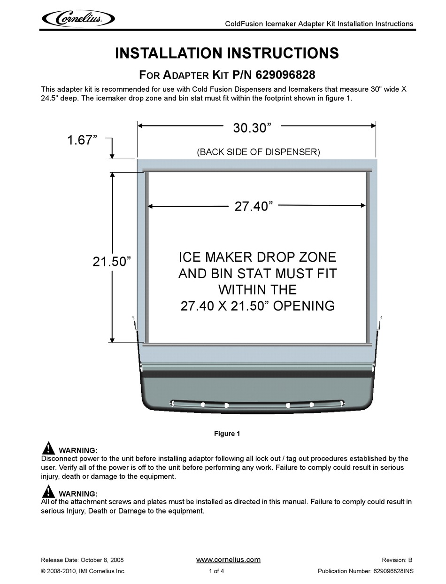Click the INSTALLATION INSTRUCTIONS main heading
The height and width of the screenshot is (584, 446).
coord(227,53)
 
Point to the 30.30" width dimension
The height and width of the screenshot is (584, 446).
coord(253,127)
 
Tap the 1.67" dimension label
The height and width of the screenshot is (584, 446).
coord(82,140)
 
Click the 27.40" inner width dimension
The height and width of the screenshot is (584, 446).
coord(254,206)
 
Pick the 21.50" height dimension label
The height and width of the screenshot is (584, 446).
coord(111,262)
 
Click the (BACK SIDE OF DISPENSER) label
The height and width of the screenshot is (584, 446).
coord(258,152)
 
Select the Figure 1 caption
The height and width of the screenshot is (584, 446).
coord(227,434)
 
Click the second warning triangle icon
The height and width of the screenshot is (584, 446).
coord(48,491)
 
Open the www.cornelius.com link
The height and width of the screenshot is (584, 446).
coord(228,560)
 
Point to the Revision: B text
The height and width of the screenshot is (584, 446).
coord(397,560)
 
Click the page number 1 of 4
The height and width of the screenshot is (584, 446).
coord(216,571)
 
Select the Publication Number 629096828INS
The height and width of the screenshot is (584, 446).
coord(366,571)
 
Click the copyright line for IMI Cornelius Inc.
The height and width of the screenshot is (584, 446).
coord(83,571)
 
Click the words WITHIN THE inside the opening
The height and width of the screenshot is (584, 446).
coord(257,289)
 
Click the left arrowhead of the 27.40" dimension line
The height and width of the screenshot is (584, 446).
coord(151,206)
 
